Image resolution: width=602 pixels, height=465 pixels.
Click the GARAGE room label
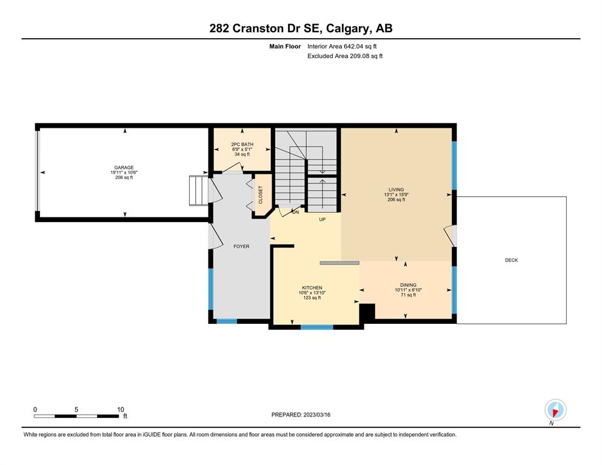[x=124, y=168]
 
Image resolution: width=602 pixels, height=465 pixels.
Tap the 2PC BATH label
[x=242, y=145]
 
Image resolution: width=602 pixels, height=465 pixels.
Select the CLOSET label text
[x=261, y=195]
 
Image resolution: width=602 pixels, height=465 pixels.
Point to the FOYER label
[x=241, y=246]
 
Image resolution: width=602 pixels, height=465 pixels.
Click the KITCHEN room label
[x=312, y=288]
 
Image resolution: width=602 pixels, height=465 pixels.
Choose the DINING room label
[x=408, y=285]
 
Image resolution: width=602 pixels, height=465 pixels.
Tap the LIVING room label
[x=396, y=190]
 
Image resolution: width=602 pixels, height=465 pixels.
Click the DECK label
[x=512, y=260]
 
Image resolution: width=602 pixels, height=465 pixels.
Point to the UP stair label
[x=323, y=220]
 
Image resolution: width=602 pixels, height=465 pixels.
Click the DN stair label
[x=296, y=212]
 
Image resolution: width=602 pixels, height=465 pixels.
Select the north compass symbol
[x=555, y=410]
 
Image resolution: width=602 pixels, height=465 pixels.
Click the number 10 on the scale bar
[x=121, y=409]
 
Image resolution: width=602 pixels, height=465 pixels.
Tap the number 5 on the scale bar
[x=76, y=409]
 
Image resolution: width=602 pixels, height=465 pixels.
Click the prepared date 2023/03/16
[x=316, y=415]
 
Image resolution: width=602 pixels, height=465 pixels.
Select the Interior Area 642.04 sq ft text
[x=342, y=47]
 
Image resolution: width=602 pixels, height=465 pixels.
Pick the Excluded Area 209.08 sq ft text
[x=345, y=56]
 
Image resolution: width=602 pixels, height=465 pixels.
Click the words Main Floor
[x=285, y=47]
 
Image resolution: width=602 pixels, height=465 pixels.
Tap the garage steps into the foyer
[x=198, y=190]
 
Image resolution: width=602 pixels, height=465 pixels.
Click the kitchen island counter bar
[x=339, y=263]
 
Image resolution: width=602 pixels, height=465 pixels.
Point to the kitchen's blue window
[x=316, y=328]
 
